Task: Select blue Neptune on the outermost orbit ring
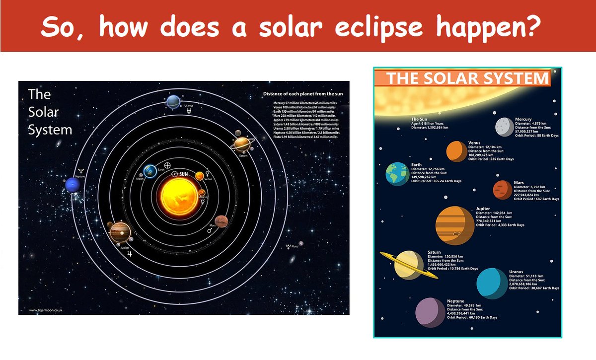[73, 186]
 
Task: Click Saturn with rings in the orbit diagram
[242, 144]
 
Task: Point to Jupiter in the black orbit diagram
[120, 231]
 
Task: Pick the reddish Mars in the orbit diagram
[221, 221]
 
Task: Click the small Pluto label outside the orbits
[295, 246]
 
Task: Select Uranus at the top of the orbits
[174, 102]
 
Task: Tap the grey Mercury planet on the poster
[504, 127]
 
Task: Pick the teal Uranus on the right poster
[492, 283]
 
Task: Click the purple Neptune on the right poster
[430, 313]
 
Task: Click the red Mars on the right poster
[502, 190]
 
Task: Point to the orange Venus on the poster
[455, 151]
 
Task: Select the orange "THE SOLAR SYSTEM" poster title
[467, 78]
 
